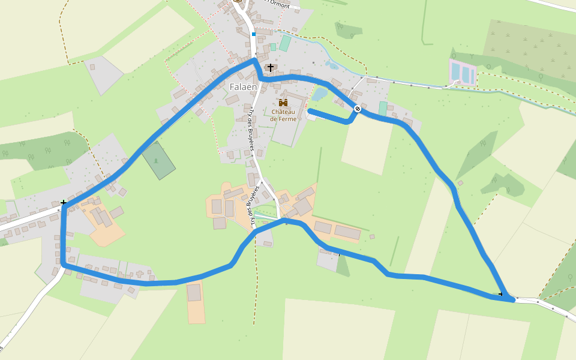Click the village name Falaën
pyautogui.click(x=243, y=87)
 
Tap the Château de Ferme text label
pyautogui.click(x=284, y=115)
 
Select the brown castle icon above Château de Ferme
pyautogui.click(x=283, y=103)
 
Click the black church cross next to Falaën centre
pyautogui.click(x=271, y=67)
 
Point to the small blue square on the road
pyautogui.click(x=254, y=35)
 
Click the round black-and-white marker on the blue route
pyautogui.click(x=358, y=109)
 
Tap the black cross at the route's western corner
pyautogui.click(x=63, y=203)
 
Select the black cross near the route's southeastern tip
pyautogui.click(x=501, y=293)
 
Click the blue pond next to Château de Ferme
pyautogui.click(x=319, y=94)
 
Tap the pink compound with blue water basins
pyautogui.click(x=463, y=73)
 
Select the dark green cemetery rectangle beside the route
pyautogui.click(x=158, y=160)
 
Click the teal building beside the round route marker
pyautogui.click(x=383, y=109)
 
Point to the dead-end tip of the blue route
pyautogui.click(x=310, y=111)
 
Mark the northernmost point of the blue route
pyautogui.click(x=254, y=59)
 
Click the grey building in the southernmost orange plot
pyautogui.click(x=194, y=293)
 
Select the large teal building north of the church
pyautogui.click(x=285, y=43)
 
